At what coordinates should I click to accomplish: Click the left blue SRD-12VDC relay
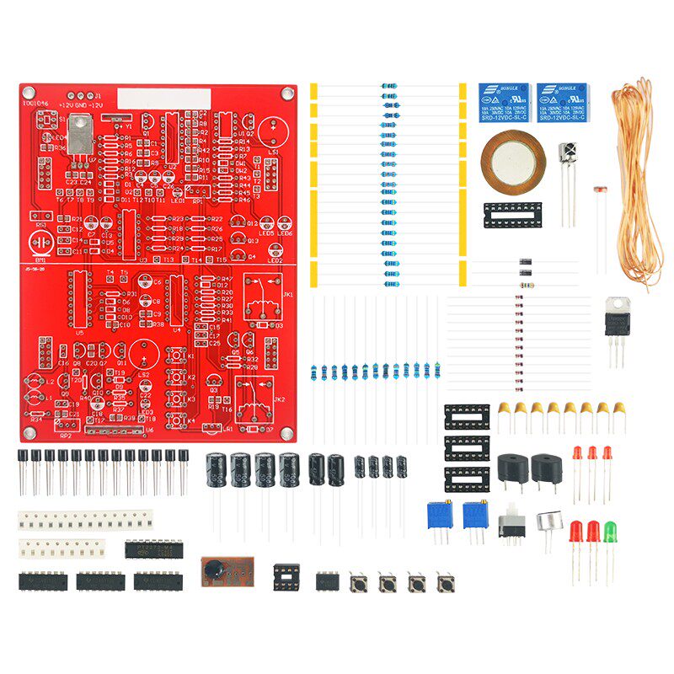click(x=504, y=103)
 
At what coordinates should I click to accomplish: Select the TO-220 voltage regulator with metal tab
click(x=618, y=319)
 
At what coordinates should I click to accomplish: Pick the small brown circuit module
click(x=227, y=572)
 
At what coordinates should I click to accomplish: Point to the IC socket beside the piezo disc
click(x=513, y=215)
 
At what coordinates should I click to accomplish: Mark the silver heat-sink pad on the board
click(x=79, y=135)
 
